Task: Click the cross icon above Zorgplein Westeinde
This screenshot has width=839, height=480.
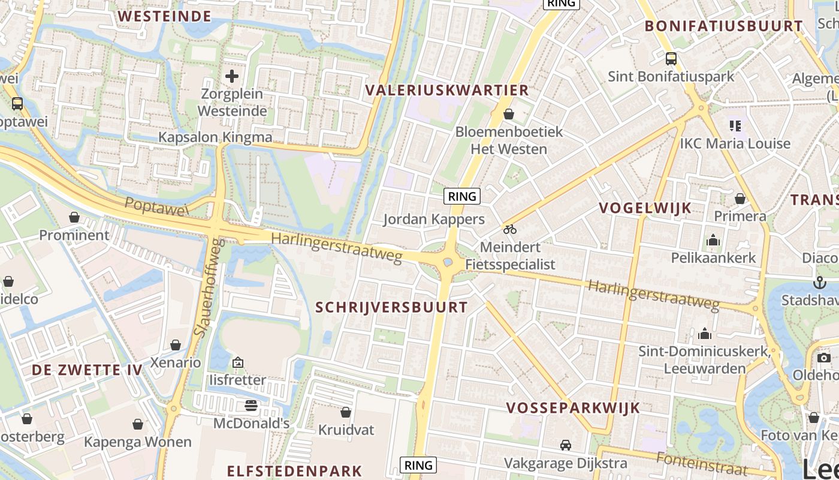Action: pyautogui.click(x=232, y=76)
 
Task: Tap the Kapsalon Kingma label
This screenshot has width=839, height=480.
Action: pyautogui.click(x=215, y=137)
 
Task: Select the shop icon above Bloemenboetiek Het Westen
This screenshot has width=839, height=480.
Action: pyautogui.click(x=509, y=114)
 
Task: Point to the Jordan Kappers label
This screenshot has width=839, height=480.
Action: pyautogui.click(x=434, y=219)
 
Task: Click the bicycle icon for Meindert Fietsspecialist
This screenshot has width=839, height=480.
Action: pyautogui.click(x=509, y=229)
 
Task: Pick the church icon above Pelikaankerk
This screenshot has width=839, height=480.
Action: pyautogui.click(x=713, y=241)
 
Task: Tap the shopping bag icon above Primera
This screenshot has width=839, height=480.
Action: pyautogui.click(x=740, y=199)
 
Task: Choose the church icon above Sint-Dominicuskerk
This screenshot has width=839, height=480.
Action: pyautogui.click(x=705, y=333)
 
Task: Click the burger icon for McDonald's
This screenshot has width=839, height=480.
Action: pyautogui.click(x=251, y=406)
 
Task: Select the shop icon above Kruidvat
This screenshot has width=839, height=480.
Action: pyautogui.click(x=346, y=412)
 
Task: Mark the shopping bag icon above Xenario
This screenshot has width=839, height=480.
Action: pyautogui.click(x=176, y=345)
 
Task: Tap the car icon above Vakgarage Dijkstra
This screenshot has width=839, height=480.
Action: pyautogui.click(x=565, y=445)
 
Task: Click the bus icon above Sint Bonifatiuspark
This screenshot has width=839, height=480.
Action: pyautogui.click(x=671, y=59)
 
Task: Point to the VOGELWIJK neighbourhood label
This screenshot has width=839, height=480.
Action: pyautogui.click(x=645, y=208)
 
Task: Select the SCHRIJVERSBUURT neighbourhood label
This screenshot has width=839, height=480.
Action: pyautogui.click(x=391, y=308)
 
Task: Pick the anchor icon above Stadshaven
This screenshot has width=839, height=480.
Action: pyautogui.click(x=819, y=283)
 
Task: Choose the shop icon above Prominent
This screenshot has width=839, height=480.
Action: pyautogui.click(x=74, y=217)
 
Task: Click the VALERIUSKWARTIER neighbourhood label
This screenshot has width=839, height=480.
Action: pyautogui.click(x=447, y=91)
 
